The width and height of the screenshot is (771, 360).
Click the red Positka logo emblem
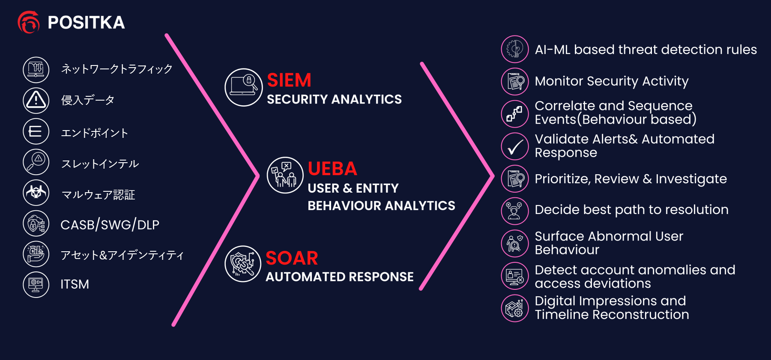pyautogui.click(x=28, y=22)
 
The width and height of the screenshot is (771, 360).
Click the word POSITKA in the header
pyautogui.click(x=86, y=23)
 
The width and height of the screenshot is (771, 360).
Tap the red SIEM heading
pyautogui.click(x=289, y=80)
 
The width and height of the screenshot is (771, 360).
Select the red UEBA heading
pyautogui.click(x=332, y=169)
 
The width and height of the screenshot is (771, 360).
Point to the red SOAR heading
pyautogui.click(x=292, y=258)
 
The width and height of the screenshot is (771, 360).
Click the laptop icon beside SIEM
pyautogui.click(x=243, y=87)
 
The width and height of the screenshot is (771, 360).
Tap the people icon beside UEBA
pyautogui.click(x=285, y=175)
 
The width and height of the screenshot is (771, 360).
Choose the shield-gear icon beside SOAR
pyautogui.click(x=243, y=264)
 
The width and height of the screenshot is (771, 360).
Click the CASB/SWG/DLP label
pyautogui.click(x=110, y=225)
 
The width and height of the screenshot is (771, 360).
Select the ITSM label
pyautogui.click(x=75, y=284)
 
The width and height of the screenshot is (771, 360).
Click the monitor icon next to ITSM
pyautogui.click(x=36, y=284)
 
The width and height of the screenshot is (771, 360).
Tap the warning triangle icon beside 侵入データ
pyautogui.click(x=36, y=100)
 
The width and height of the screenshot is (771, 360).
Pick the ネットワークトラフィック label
pyautogui.click(x=117, y=69)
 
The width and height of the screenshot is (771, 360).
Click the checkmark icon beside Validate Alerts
pyautogui.click(x=515, y=146)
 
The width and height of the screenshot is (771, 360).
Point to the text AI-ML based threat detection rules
pyautogui.click(x=645, y=50)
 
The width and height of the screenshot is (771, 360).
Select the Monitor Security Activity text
pyautogui.click(x=612, y=81)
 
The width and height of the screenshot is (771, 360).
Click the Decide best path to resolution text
pyautogui.click(x=631, y=210)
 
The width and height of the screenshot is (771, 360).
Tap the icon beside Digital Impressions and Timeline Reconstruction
pyautogui.click(x=515, y=308)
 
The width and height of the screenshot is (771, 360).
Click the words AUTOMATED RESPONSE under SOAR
pyautogui.click(x=340, y=277)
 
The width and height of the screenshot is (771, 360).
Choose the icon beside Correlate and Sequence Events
pyautogui.click(x=515, y=114)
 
